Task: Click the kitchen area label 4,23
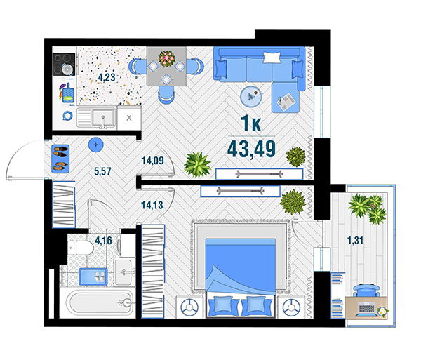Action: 107,77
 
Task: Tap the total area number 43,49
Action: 251,149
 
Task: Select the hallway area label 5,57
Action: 102,171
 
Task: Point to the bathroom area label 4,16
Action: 103,240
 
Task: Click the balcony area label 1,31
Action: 355,240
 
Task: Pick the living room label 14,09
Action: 152,161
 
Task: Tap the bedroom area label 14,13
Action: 152,205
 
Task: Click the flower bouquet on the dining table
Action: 166,58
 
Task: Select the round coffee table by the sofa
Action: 251,96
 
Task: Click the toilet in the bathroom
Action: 80,248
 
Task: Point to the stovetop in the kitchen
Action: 64,65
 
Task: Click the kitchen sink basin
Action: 102,117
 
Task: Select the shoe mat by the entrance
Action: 60,159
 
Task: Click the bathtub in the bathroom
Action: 100,303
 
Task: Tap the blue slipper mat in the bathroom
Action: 93,276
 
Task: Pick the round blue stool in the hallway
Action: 96,145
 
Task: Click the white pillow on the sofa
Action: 272,57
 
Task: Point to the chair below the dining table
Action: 166,95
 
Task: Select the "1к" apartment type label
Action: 250,124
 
